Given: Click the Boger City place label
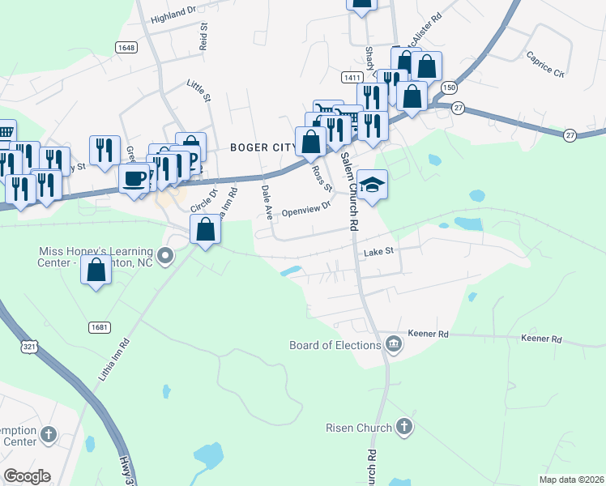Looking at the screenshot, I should (264, 147).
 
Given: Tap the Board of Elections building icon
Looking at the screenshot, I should (394, 345).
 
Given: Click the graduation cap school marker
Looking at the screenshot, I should (372, 185).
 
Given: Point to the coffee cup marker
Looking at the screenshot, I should (134, 177).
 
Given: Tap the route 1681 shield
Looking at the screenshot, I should (100, 326).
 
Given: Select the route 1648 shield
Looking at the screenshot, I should (126, 48).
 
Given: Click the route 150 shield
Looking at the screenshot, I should (449, 87).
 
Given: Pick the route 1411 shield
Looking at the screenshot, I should (351, 77).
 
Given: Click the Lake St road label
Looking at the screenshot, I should (378, 252).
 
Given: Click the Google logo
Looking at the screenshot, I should (27, 475).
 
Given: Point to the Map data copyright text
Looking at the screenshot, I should (570, 480).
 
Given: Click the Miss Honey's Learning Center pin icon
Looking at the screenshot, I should (165, 258).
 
